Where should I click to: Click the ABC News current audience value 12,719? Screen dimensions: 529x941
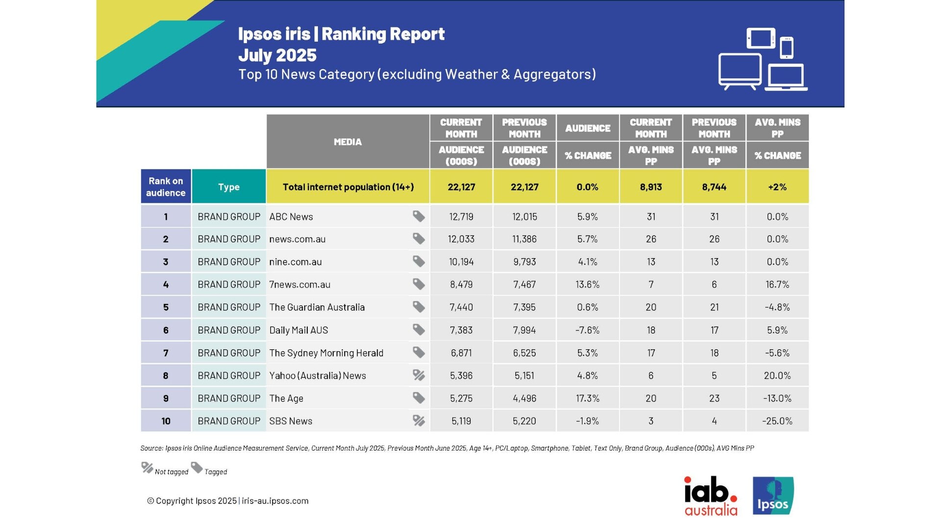461,216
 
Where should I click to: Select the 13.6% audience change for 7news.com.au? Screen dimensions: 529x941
587,285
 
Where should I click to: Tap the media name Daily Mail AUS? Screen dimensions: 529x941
298,330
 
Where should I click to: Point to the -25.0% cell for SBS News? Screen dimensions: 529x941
777,421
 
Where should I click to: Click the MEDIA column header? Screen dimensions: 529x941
347,142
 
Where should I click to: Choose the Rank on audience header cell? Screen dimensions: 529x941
166,187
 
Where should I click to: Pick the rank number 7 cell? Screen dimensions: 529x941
166,353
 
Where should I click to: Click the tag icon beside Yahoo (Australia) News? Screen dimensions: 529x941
419,375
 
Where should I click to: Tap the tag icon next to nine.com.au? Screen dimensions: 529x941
419,262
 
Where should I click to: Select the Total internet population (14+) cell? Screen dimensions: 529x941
348,187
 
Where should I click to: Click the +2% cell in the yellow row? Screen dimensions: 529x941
777,187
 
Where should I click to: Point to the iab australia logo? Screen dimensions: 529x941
711,496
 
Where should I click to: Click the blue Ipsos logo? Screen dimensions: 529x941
773,496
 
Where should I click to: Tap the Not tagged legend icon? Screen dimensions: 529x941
147,468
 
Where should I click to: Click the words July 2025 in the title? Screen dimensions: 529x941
277,55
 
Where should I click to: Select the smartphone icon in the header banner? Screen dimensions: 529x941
787,48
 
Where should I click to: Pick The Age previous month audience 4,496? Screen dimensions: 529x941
524,399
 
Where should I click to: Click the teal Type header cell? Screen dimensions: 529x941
228,187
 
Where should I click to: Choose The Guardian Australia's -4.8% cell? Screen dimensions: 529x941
777,308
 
